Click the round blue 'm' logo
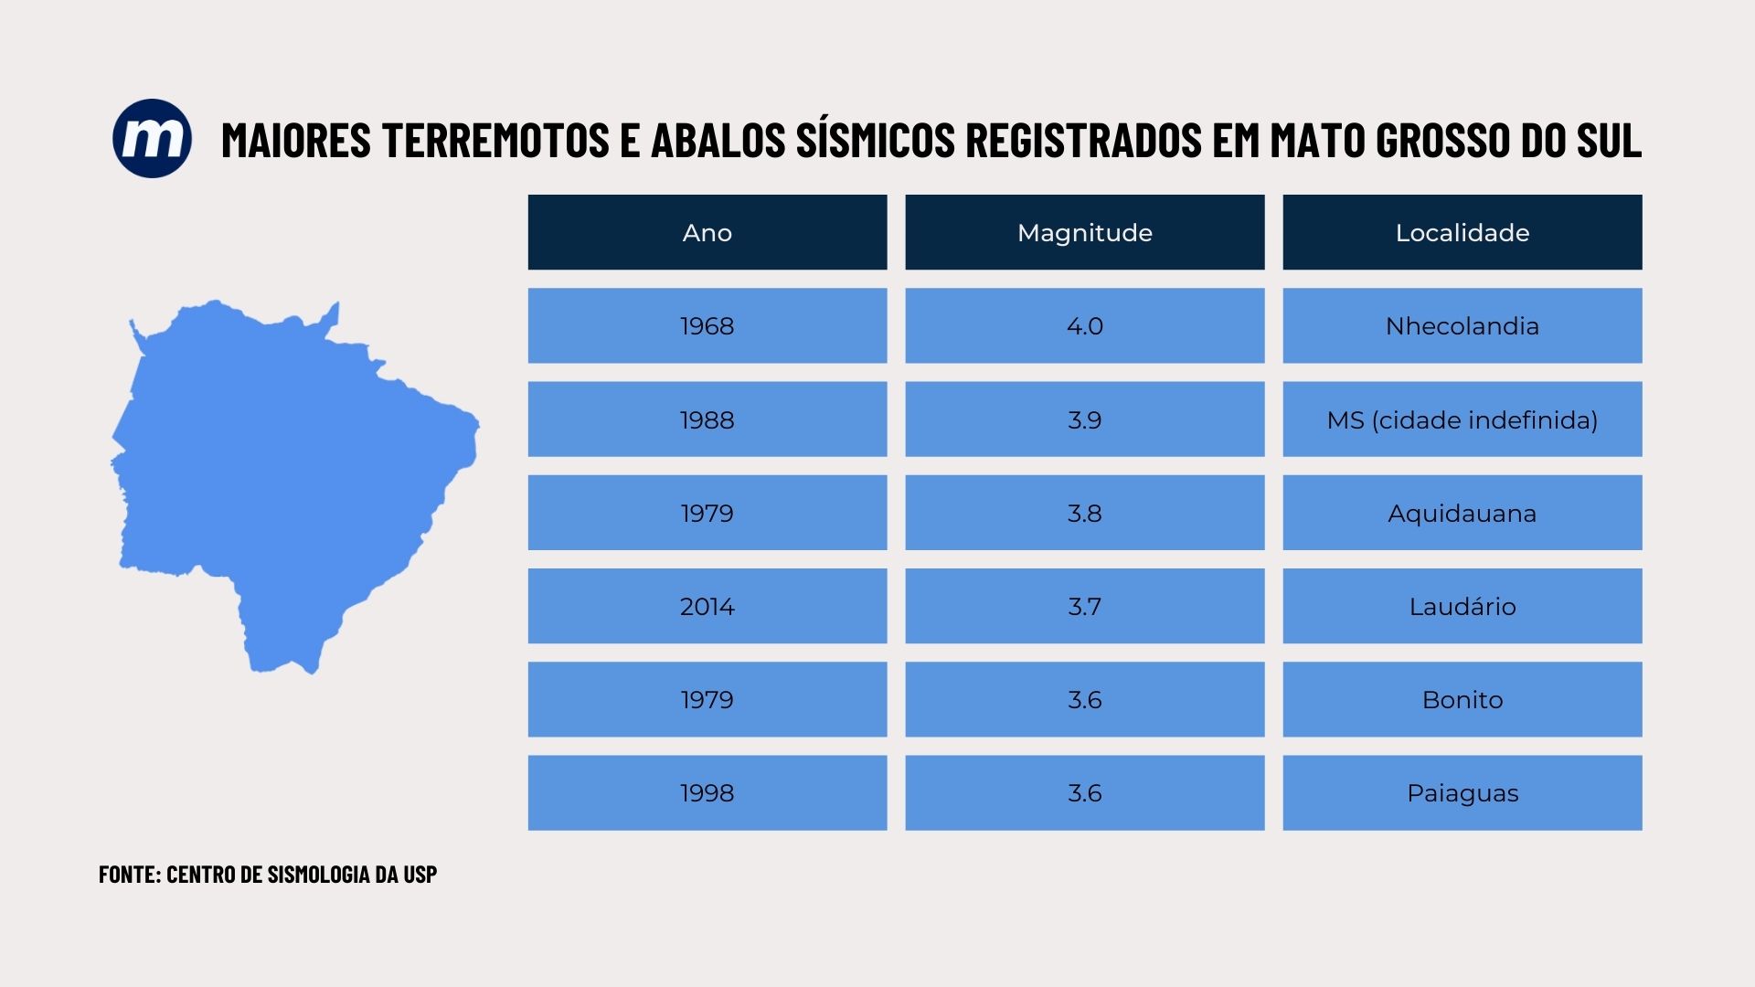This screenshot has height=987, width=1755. (152, 139)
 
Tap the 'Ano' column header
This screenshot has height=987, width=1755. (707, 232)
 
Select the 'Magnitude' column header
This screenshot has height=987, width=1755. (1084, 232)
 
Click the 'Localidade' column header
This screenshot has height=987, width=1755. (1462, 232)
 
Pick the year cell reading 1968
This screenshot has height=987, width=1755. (707, 325)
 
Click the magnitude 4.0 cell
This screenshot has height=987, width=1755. (1084, 325)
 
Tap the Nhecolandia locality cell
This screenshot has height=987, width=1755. (1462, 325)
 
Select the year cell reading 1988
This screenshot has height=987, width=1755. (707, 419)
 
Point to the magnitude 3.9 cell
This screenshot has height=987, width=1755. (1084, 419)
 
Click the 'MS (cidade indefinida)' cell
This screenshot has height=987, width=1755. (1462, 419)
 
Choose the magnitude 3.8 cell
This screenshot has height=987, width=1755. (1084, 513)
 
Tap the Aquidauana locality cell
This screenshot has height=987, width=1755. (1462, 513)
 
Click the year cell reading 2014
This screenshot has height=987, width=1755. (707, 606)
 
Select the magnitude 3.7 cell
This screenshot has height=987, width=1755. (1084, 606)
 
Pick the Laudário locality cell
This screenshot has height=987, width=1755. (1462, 606)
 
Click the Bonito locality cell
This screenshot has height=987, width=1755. (1462, 699)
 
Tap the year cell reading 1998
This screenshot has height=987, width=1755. (707, 792)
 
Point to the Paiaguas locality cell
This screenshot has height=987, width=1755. (1462, 792)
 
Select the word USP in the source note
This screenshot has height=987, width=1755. (420, 874)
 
